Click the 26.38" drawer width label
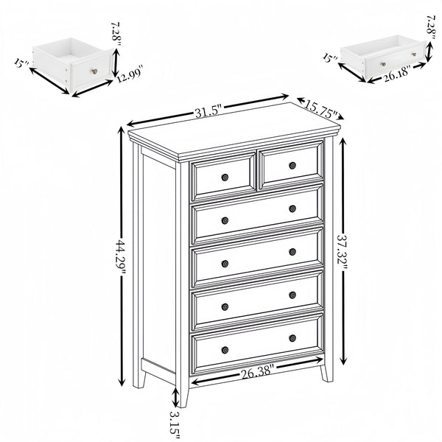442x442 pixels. pos(256,373)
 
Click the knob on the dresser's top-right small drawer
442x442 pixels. pos(292,165)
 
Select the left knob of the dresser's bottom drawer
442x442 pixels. pos(225,349)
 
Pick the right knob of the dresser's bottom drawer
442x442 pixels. pos(292,338)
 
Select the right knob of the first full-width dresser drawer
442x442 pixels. pos(292,208)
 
